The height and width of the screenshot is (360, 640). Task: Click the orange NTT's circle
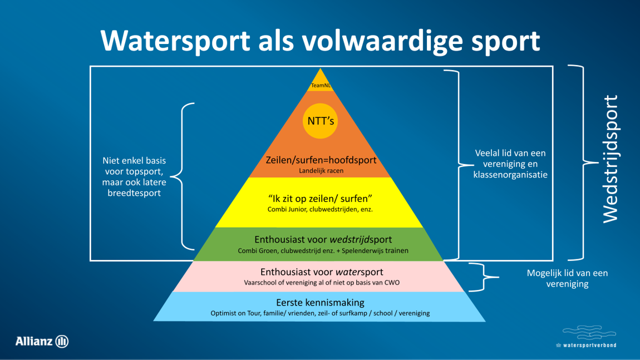(321, 120)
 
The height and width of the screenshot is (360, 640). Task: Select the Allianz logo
(42, 341)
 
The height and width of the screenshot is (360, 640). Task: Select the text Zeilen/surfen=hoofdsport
(321, 160)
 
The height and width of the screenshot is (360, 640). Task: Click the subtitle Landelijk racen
(321, 171)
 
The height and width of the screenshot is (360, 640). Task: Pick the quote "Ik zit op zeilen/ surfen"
(320, 199)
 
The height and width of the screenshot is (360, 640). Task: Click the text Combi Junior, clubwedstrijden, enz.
(320, 210)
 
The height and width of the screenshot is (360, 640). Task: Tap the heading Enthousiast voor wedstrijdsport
(323, 240)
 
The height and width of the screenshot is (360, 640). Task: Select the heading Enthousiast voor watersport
(322, 272)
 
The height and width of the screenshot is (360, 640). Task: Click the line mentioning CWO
(322, 283)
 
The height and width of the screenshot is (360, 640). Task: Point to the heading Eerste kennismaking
(320, 303)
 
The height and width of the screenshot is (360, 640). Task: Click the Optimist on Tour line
(320, 313)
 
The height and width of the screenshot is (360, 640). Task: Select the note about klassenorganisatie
(510, 164)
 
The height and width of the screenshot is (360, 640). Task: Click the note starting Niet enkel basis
(134, 176)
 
